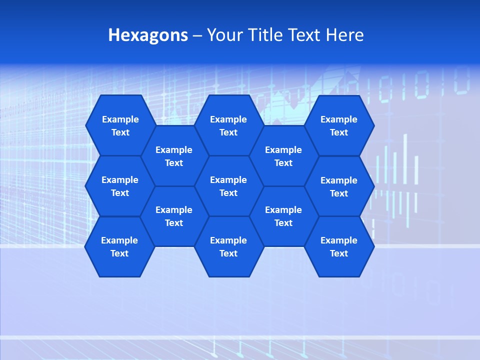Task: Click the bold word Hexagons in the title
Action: [148, 35]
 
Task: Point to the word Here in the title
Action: [345, 35]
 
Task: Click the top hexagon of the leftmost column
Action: [120, 125]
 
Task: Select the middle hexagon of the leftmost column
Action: [120, 186]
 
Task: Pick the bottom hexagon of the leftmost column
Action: [119, 246]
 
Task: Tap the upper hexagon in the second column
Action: [174, 156]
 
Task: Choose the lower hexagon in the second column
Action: [174, 216]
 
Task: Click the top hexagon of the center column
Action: [228, 125]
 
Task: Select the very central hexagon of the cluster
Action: [228, 186]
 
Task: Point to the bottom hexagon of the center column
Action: [228, 246]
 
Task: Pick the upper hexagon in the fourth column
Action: [283, 156]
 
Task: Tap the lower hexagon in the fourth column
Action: [283, 216]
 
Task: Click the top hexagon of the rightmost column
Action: [339, 125]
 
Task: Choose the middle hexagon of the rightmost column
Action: [339, 186]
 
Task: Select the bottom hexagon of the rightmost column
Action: [339, 246]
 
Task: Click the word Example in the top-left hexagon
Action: [120, 119]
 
